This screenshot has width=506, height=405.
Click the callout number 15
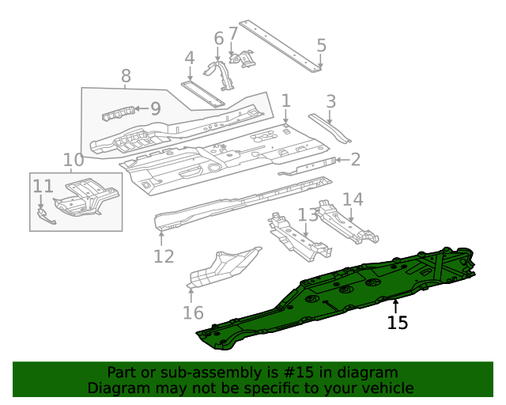click(x=398, y=323)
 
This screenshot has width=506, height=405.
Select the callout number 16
click(x=193, y=312)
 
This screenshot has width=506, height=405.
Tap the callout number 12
click(x=164, y=255)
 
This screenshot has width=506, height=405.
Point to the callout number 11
click(x=43, y=186)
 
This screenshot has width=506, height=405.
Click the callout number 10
click(x=73, y=161)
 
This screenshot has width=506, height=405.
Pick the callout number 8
click(x=126, y=76)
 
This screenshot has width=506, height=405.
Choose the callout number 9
click(x=155, y=108)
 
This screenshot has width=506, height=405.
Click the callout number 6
click(x=219, y=38)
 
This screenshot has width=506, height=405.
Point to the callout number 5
click(x=321, y=45)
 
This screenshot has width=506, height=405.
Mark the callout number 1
click(x=285, y=100)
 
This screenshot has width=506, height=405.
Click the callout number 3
click(x=330, y=100)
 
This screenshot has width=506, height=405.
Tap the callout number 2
click(x=355, y=160)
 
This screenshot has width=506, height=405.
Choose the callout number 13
click(x=306, y=215)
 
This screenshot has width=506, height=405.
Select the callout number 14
click(x=353, y=199)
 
